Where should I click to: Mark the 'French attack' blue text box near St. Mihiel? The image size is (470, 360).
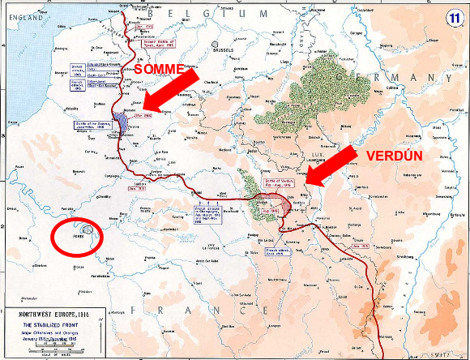click(x=278, y=254)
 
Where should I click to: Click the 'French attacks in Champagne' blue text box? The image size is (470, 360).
click(x=198, y=221)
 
